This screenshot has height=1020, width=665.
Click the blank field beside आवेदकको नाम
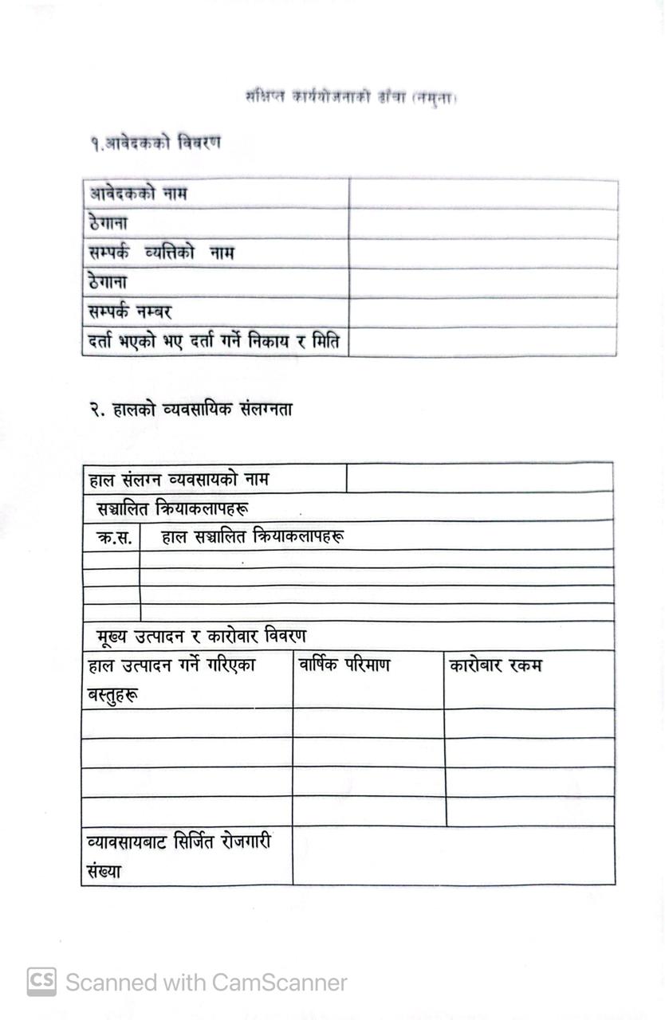483,194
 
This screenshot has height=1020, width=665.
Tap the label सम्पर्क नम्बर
130,312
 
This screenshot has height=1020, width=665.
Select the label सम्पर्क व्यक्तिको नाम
161,253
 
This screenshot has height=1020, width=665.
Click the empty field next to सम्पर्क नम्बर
483,312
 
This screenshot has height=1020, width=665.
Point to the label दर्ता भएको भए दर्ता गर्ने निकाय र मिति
214,342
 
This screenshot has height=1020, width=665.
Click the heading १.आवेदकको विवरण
155,143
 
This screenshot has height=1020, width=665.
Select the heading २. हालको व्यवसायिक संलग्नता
191,410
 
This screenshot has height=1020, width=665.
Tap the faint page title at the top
355,98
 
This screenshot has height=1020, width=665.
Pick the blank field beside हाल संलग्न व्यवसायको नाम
480,479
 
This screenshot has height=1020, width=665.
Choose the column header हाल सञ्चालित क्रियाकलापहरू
253,537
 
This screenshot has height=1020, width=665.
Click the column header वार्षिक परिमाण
344,665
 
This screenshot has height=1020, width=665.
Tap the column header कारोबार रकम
495,665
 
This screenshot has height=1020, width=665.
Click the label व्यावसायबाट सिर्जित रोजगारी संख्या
179,855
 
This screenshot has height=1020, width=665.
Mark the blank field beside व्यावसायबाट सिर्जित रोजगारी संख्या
453,856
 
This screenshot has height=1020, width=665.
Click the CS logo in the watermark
41,982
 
